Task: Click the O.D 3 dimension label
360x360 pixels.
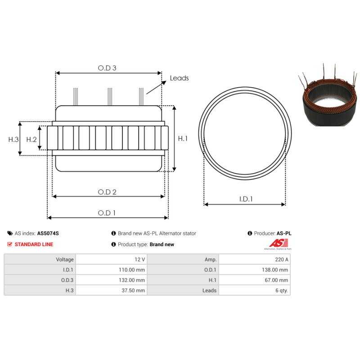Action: pyautogui.click(x=107, y=68)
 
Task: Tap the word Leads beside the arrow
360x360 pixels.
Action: pyautogui.click(x=179, y=78)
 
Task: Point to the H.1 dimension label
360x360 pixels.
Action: pyautogui.click(x=183, y=139)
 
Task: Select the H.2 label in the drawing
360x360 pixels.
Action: pyautogui.click(x=31, y=139)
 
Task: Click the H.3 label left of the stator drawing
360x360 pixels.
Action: pyautogui.click(x=13, y=139)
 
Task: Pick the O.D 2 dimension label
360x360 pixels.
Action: pyautogui.click(x=107, y=192)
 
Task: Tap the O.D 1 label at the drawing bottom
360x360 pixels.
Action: pyautogui.click(x=107, y=213)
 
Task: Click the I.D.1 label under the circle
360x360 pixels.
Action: pyautogui.click(x=246, y=199)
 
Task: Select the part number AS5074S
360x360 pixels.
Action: pyautogui.click(x=48, y=233)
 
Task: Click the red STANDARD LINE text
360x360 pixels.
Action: pyautogui.click(x=34, y=244)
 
